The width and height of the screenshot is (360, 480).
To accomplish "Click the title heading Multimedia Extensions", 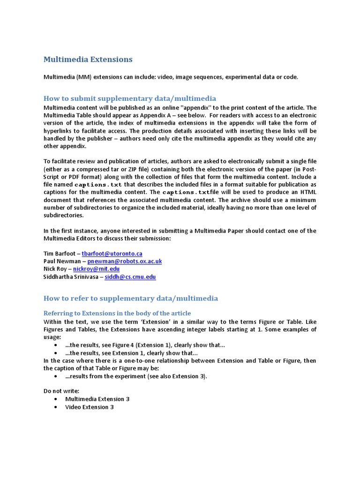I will click(x=88, y=60).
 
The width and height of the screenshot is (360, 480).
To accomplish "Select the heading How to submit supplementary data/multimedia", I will click(x=130, y=98).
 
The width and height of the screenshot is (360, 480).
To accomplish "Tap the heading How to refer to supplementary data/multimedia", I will click(x=131, y=298).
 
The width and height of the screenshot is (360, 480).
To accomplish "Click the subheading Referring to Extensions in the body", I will click(x=117, y=313).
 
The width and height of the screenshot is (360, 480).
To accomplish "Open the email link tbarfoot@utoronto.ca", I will click(x=112, y=254).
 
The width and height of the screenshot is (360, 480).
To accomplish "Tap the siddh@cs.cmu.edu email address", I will click(x=130, y=277).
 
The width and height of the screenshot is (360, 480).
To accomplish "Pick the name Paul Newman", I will click(x=62, y=261).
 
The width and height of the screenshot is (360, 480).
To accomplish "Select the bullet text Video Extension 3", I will click(x=90, y=407).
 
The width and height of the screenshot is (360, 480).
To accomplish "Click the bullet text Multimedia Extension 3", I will click(x=97, y=399).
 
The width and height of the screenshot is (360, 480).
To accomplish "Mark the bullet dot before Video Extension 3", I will click(x=56, y=407).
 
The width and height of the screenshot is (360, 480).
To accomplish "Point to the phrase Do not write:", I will click(x=61, y=390).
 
